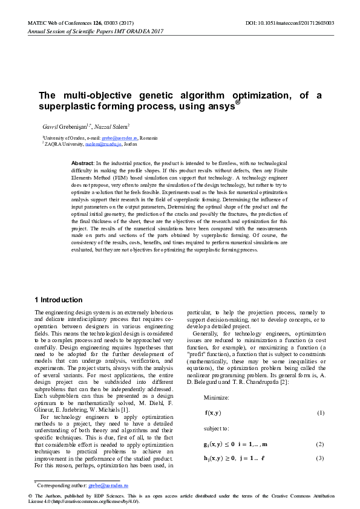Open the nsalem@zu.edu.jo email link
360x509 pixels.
coord(103,144)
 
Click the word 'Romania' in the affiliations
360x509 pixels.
coord(148,138)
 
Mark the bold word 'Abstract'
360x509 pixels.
coord(82,164)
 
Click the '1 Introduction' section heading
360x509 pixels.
coord(59,300)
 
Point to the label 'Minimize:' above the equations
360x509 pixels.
coord(216,381)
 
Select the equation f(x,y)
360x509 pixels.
coord(213,396)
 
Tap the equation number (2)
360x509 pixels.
coord(320,427)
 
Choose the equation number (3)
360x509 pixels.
coord(320,441)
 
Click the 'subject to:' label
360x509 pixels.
coord(217,411)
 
